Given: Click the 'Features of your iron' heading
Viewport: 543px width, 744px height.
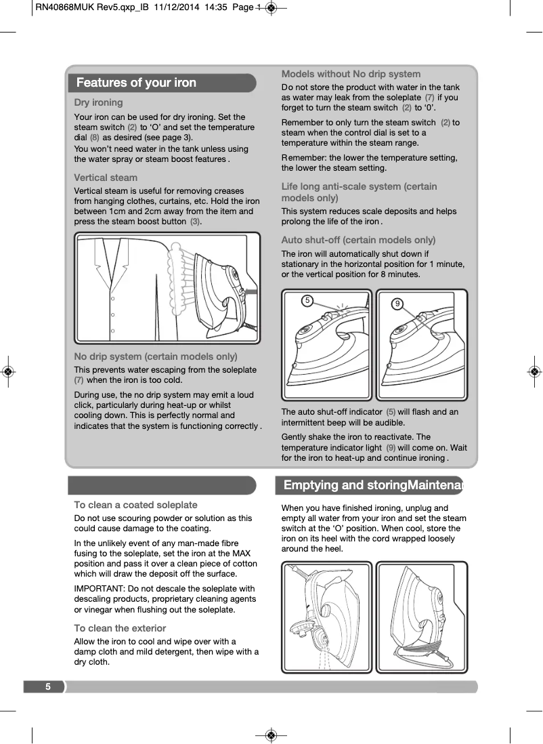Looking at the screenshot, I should [x=136, y=83].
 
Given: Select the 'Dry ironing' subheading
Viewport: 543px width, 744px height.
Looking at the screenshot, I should [x=98, y=102].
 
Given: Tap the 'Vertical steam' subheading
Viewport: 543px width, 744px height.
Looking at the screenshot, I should [x=105, y=178].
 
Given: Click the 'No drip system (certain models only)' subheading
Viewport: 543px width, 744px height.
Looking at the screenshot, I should [x=155, y=356].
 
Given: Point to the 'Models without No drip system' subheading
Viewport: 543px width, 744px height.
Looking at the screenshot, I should [x=351, y=74].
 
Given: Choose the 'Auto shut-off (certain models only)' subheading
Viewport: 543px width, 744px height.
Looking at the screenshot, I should [x=358, y=240].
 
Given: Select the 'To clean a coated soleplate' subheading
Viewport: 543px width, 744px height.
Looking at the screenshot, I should [x=135, y=505].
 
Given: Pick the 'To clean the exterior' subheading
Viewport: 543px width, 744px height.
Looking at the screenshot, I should [x=120, y=628].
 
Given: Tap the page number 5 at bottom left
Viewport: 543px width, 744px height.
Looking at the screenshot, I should [x=48, y=686].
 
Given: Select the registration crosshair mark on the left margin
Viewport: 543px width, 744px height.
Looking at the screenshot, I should [x=7, y=372].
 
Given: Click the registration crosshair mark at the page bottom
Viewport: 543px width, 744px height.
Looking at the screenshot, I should [x=270, y=735].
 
